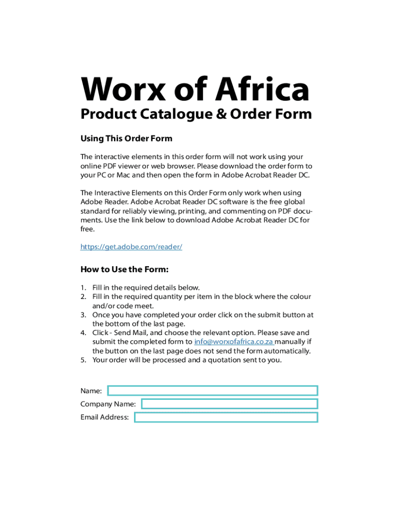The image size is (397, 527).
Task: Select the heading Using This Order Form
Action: pos(126,138)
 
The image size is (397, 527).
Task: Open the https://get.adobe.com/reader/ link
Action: pos(131,247)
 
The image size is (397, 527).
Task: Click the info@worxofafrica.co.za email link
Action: pos(234,342)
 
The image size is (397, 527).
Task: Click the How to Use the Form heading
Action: pos(125,270)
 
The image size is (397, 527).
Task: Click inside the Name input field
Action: pos(212,391)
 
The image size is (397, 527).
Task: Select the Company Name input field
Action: pos(229,404)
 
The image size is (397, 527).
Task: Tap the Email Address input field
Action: pos(226,417)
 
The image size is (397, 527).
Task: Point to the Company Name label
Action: pos(108,404)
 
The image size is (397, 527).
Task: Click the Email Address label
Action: pos(105,417)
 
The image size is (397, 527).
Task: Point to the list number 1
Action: pos(83,288)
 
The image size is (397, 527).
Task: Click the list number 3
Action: pos(83,315)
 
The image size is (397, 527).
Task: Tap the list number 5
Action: pos(83,360)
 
